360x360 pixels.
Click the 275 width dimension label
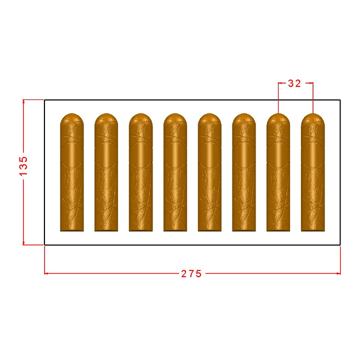click(x=191, y=273)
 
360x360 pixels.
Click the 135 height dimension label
click(x=23, y=166)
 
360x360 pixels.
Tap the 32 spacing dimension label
click(x=294, y=83)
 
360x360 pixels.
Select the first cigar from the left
click(x=72, y=172)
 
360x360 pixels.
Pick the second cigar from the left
click(x=106, y=172)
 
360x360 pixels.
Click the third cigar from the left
click(x=140, y=172)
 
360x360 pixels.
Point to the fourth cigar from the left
click(x=175, y=172)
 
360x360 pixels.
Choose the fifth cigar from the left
click(x=209, y=172)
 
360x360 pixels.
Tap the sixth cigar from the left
click(x=244, y=172)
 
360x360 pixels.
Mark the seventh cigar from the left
click(x=278, y=172)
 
